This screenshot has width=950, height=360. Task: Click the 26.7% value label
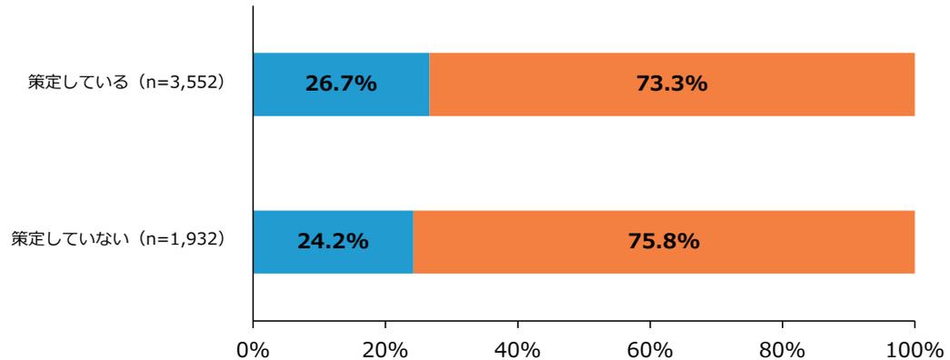click(x=339, y=85)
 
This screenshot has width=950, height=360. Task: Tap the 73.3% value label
click(x=672, y=85)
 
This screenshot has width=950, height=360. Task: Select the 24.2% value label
click(x=332, y=242)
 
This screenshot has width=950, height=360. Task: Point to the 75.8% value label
click(x=663, y=242)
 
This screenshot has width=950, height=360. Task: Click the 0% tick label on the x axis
click(x=253, y=348)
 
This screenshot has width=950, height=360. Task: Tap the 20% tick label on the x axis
click(x=385, y=348)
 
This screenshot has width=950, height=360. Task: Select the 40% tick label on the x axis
click(x=517, y=348)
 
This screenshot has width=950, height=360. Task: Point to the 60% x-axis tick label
click(x=650, y=348)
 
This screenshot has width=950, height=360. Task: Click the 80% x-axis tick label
click(x=782, y=348)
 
